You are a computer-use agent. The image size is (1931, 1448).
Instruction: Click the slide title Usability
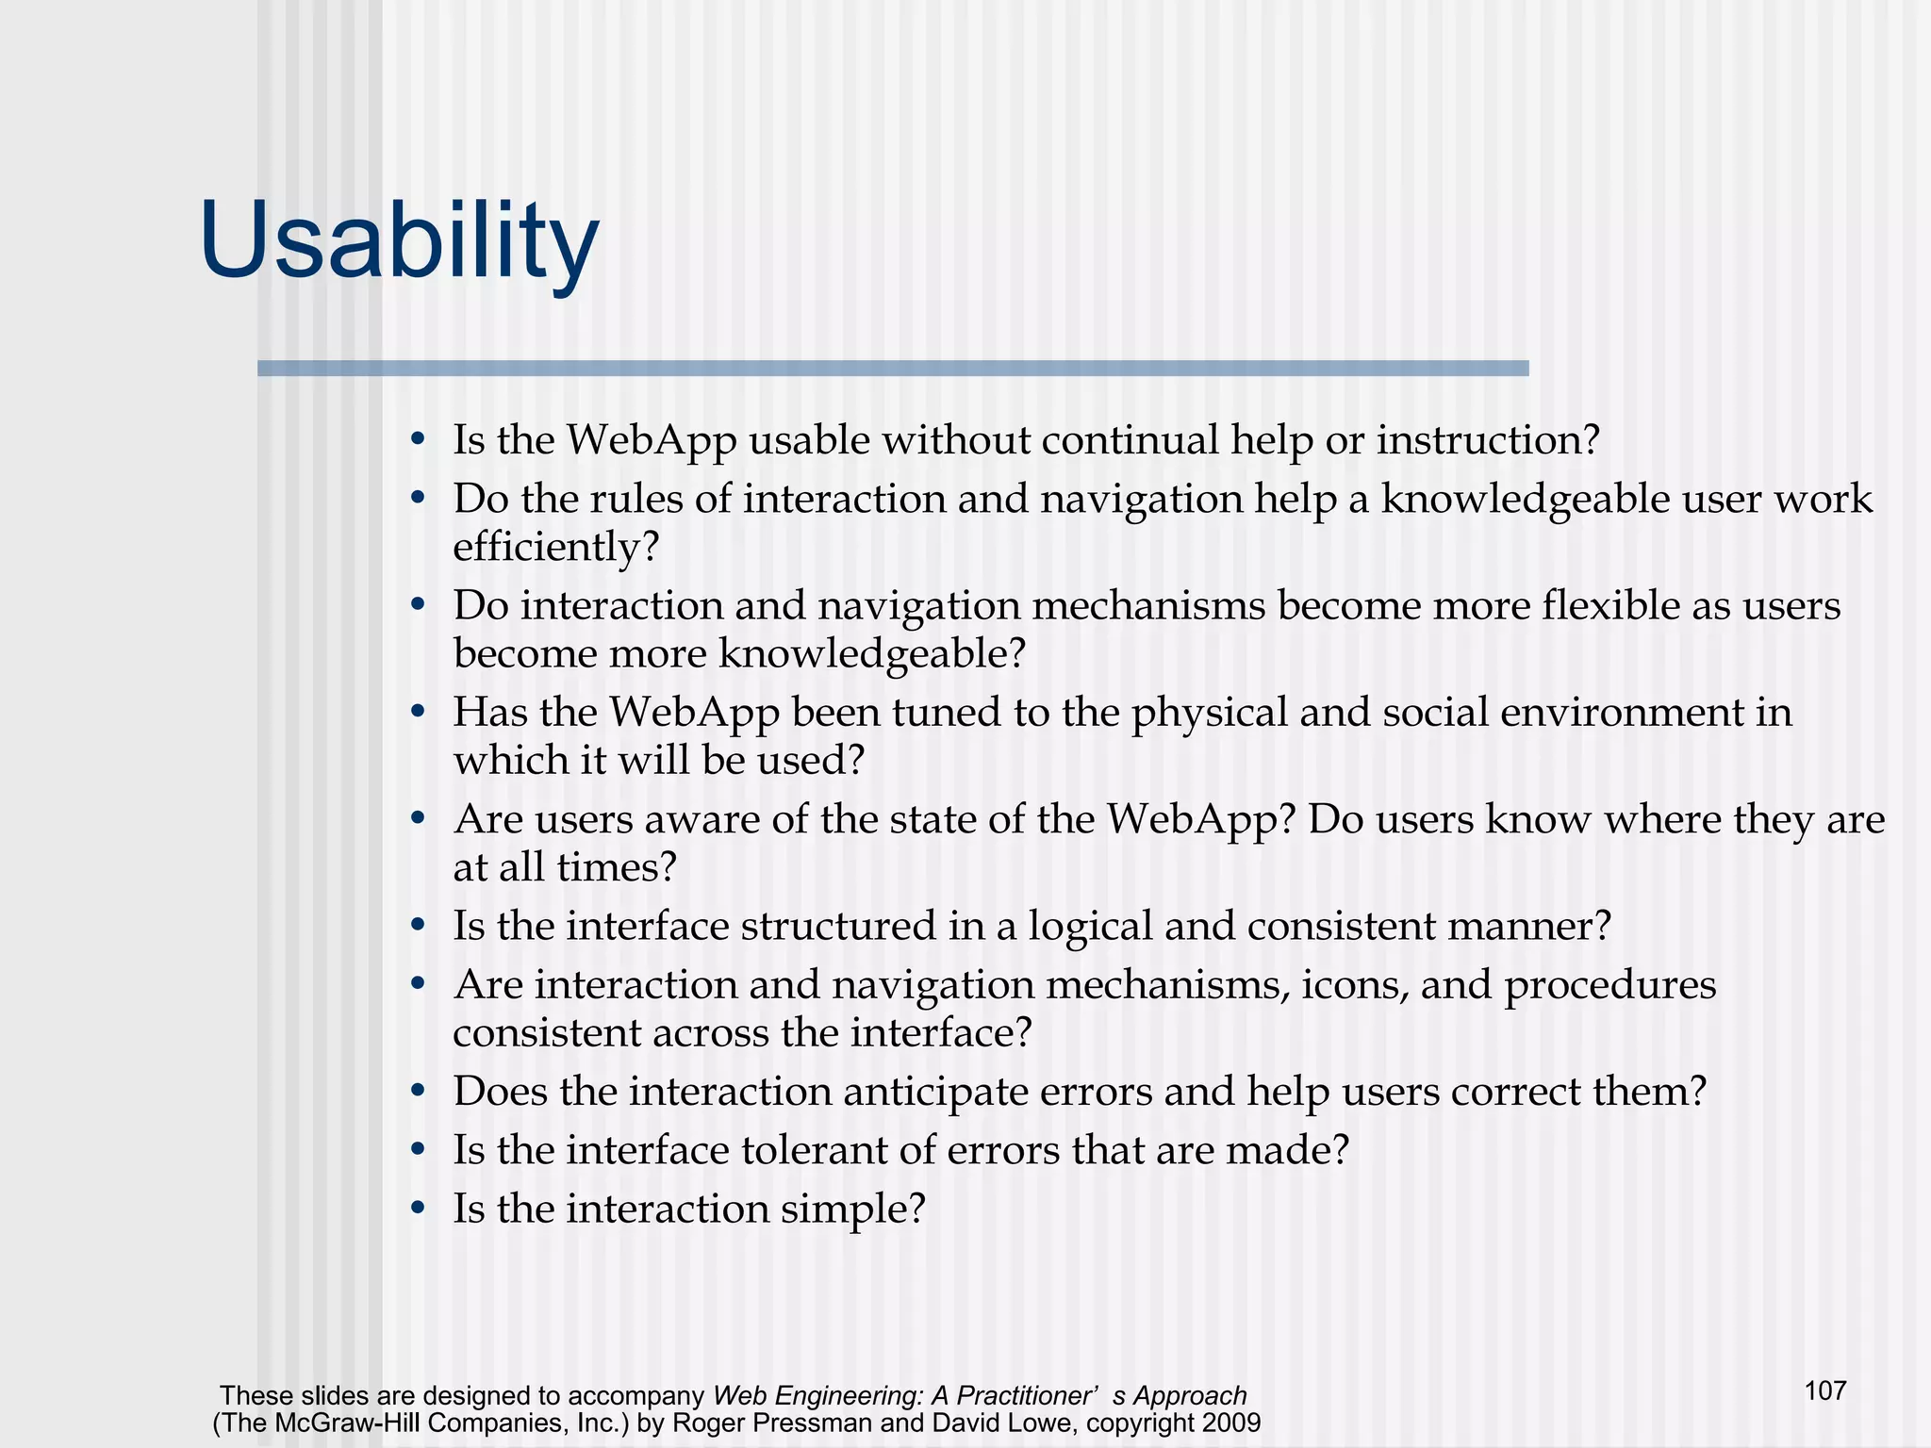[x=399, y=243]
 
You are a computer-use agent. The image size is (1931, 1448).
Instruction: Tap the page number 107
[x=1824, y=1390]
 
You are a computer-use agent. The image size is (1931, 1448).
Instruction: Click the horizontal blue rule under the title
[x=892, y=369]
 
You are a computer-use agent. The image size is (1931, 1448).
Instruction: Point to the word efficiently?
[x=555, y=548]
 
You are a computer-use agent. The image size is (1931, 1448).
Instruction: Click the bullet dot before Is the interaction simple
[x=419, y=1209]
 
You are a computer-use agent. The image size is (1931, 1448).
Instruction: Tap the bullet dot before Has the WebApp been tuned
[x=419, y=713]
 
